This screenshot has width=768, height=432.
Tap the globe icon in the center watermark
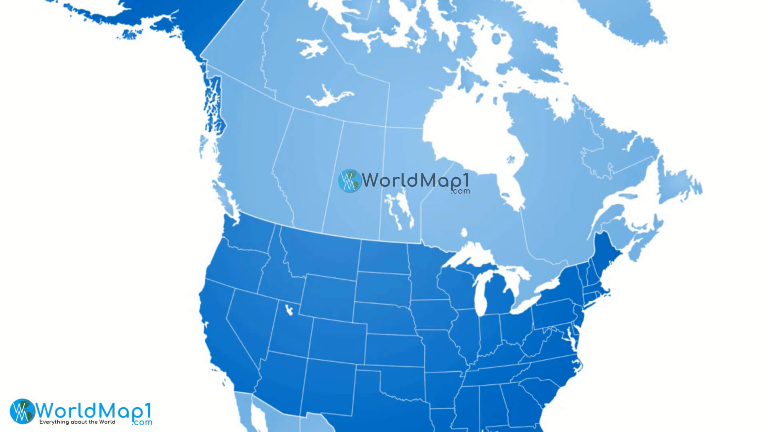349,180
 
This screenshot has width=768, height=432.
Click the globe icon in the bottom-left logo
22,411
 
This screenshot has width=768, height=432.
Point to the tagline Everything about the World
77,422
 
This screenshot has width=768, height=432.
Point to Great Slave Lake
328,98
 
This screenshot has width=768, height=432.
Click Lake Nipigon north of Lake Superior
464,232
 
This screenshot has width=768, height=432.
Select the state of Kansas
394,350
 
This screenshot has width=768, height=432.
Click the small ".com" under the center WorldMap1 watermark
460,192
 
